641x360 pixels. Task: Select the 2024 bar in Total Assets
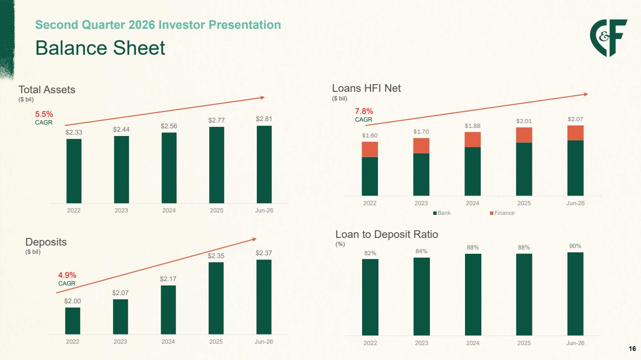click(169, 168)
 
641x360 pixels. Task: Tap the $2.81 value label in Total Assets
click(264, 119)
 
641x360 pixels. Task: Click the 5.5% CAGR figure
click(44, 114)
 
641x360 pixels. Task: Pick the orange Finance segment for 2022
click(370, 149)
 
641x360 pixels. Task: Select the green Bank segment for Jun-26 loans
click(575, 168)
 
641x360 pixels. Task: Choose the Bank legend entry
click(442, 213)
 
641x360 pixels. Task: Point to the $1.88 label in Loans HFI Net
click(472, 126)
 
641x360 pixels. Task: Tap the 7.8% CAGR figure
click(364, 111)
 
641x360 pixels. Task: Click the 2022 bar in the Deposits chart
click(73, 321)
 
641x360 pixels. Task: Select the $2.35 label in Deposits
click(216, 256)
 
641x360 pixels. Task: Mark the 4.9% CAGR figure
click(67, 275)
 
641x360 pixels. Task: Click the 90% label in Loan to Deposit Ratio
click(575, 246)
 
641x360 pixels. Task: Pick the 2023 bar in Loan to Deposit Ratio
click(422, 297)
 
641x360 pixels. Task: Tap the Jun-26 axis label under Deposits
click(264, 342)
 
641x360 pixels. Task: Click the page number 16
click(632, 348)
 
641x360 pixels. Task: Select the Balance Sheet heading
click(100, 48)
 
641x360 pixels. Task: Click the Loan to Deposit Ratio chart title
click(387, 234)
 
